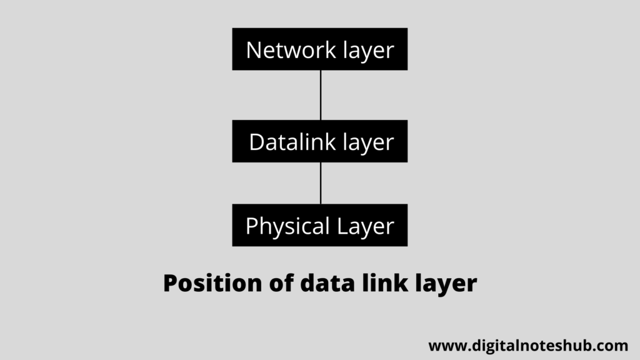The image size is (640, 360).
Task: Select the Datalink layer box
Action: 319,141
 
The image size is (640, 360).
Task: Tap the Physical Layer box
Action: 319,225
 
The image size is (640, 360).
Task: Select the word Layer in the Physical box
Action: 366,226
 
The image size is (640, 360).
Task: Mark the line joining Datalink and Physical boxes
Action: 321,183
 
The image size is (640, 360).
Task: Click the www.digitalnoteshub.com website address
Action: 528,346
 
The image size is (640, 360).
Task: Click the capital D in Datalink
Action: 256,142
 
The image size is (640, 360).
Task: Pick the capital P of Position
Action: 171,284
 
